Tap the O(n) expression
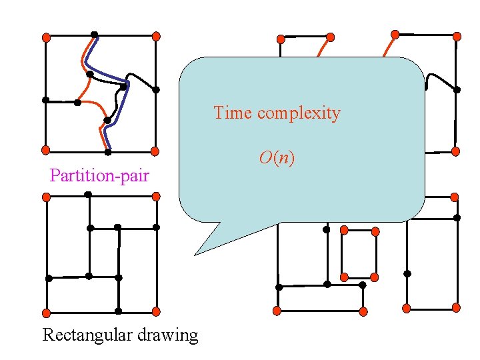tap(277, 158)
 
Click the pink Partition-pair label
tap(99, 176)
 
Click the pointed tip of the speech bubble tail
tap(195, 255)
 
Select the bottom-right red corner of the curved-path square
tap(155, 151)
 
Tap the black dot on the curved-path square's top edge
tap(95, 35)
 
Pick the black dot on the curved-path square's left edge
tap(46, 100)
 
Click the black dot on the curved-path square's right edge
tap(156, 89)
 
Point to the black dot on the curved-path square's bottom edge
tap(108, 151)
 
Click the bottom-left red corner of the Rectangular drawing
tap(46, 312)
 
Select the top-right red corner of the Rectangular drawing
tap(156, 197)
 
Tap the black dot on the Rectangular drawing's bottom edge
tap(118, 311)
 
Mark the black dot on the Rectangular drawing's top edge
tap(88, 195)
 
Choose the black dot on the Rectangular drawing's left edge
tap(48, 278)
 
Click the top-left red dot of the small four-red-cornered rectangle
tap(344, 230)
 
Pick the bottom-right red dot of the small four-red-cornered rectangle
tap(374, 277)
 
